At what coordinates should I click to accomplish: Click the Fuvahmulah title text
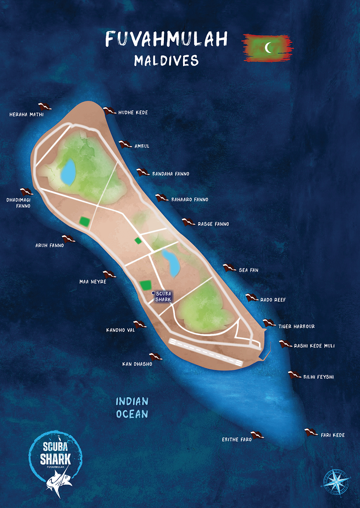[167, 40]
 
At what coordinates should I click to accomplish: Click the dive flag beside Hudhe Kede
[109, 111]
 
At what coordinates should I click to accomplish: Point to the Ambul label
[142, 146]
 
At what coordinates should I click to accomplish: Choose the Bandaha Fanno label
[170, 174]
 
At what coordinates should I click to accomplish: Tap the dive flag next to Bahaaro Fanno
[162, 198]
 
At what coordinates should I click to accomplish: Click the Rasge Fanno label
[213, 224]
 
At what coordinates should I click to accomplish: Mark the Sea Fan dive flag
[230, 267]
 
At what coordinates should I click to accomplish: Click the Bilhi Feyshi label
[318, 377]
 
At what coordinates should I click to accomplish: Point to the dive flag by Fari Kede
[311, 432]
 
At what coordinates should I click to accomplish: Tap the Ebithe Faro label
[237, 440]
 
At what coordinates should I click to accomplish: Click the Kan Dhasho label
[137, 364]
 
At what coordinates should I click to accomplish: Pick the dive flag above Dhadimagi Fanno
[27, 192]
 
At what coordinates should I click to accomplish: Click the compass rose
[337, 481]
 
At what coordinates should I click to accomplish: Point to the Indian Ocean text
[132, 408]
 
